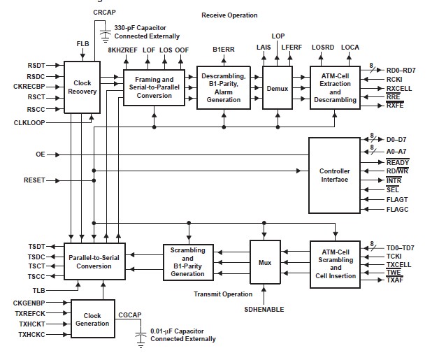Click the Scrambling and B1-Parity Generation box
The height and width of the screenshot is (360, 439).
[x=187, y=261]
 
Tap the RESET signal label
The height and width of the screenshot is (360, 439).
[x=34, y=180]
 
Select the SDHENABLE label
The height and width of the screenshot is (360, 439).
[x=264, y=308]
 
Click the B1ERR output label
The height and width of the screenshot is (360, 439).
[x=224, y=50]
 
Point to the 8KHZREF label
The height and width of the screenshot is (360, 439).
[x=122, y=50]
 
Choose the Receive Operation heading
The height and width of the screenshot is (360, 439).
[x=230, y=15]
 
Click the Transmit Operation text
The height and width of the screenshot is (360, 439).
[x=224, y=294]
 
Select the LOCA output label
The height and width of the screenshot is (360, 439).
[x=350, y=46]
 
